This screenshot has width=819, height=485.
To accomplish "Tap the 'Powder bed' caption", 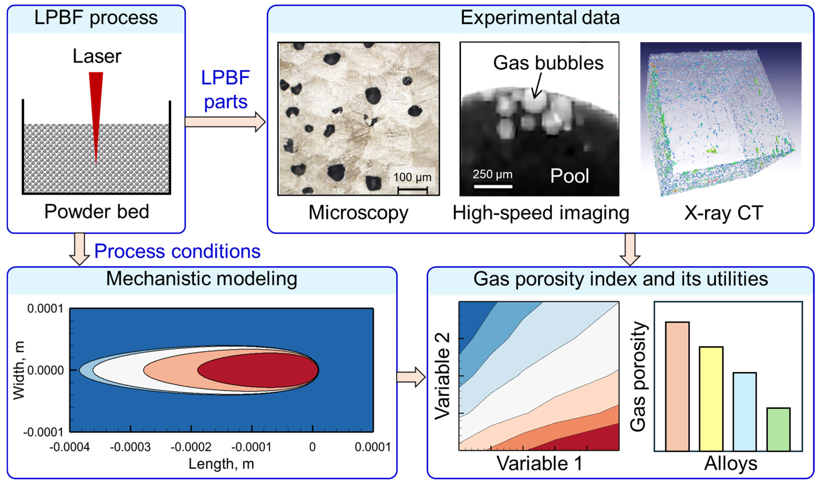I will [x=97, y=212].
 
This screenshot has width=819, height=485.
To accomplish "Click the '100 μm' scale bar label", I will [x=412, y=177].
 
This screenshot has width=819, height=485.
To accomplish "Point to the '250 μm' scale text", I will [x=492, y=174].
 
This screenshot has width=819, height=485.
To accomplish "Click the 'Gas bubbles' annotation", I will [x=548, y=63].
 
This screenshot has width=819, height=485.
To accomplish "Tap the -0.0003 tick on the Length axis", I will [x=130, y=447].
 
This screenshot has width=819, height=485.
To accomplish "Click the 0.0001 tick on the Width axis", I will [x=45, y=309].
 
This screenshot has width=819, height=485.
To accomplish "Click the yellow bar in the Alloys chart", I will [x=711, y=399].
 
